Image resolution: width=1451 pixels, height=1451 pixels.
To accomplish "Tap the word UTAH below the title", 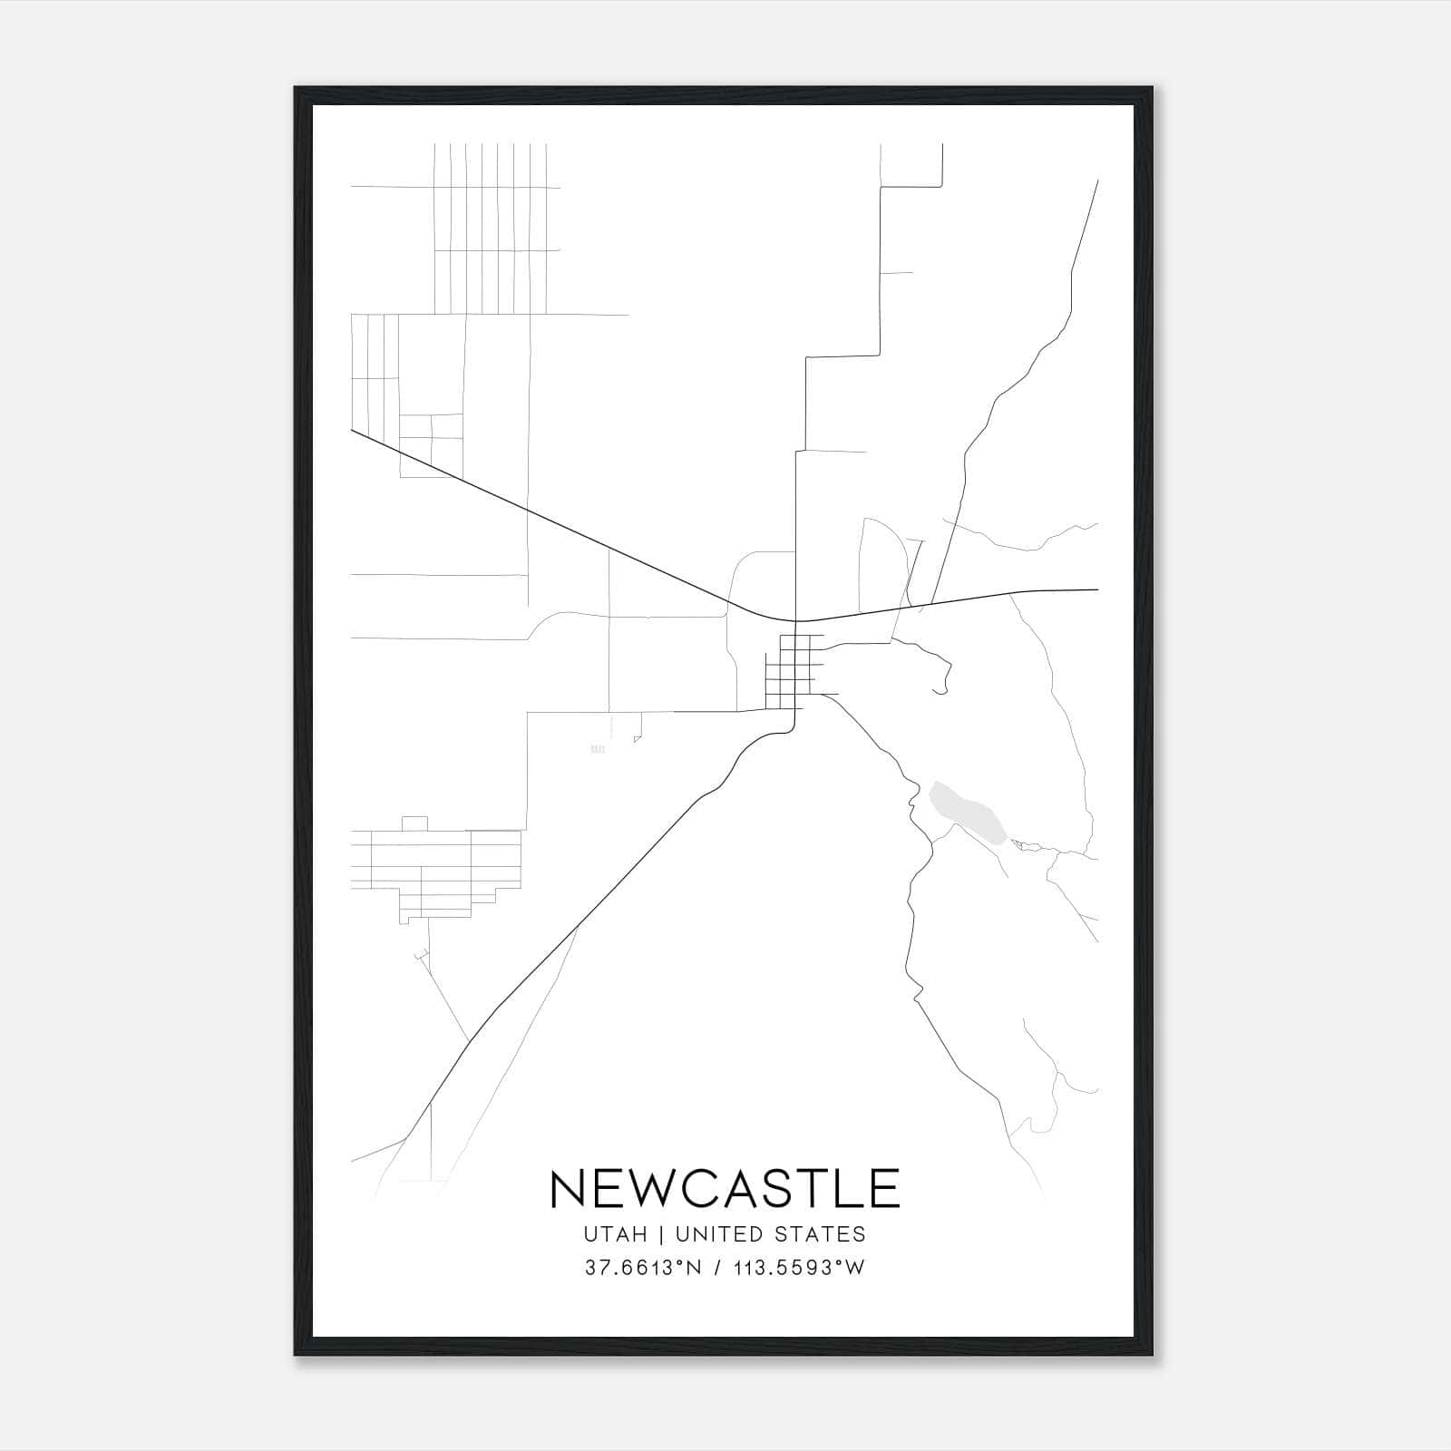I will pyautogui.click(x=617, y=1234).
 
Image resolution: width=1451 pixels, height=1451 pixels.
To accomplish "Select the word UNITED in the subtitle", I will pyautogui.click(x=720, y=1234).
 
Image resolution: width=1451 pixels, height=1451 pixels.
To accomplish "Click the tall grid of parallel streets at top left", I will pyautogui.click(x=491, y=229).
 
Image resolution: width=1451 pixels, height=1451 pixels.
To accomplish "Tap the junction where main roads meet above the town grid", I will pyautogui.click(x=795, y=621).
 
